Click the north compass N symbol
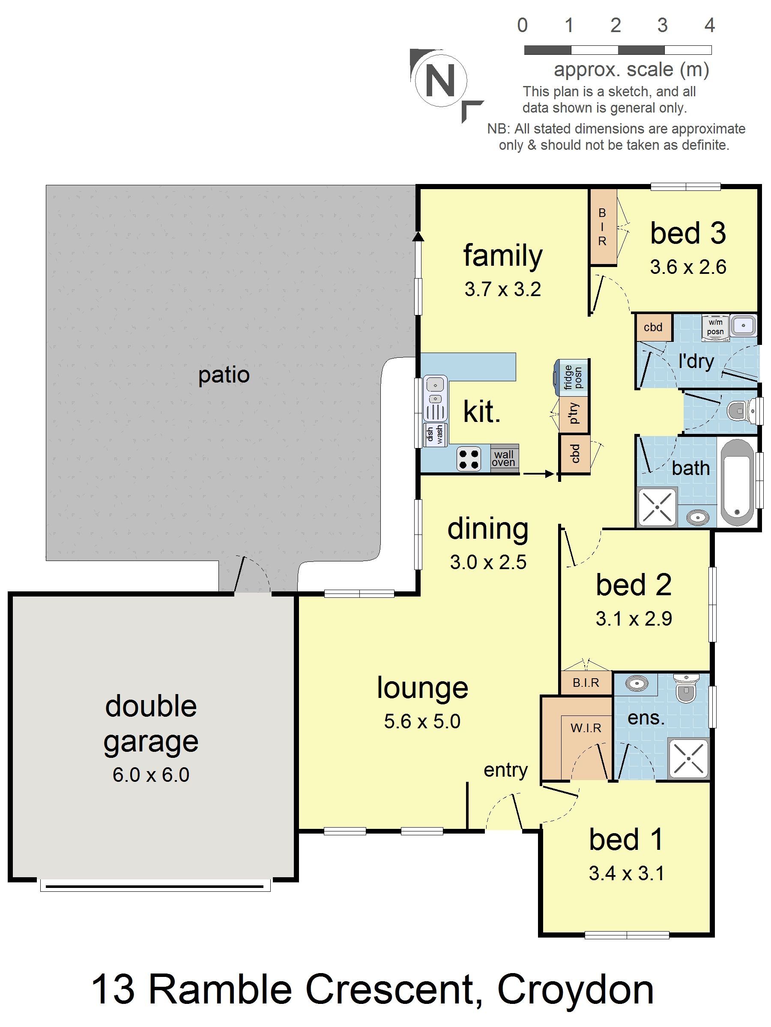point(440,80)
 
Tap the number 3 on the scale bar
point(662,26)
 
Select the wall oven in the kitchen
point(504,458)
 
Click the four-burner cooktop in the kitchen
point(468,459)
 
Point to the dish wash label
point(435,434)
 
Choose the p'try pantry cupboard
point(574,413)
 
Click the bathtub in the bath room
point(738,481)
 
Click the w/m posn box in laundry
point(715,327)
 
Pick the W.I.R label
point(586,727)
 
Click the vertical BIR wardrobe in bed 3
point(602,227)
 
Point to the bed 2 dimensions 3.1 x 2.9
point(634,618)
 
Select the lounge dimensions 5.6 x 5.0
point(422,721)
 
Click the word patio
point(224,375)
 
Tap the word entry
point(505,770)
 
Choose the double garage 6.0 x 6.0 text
point(151,775)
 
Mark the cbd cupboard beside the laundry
point(653,327)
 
